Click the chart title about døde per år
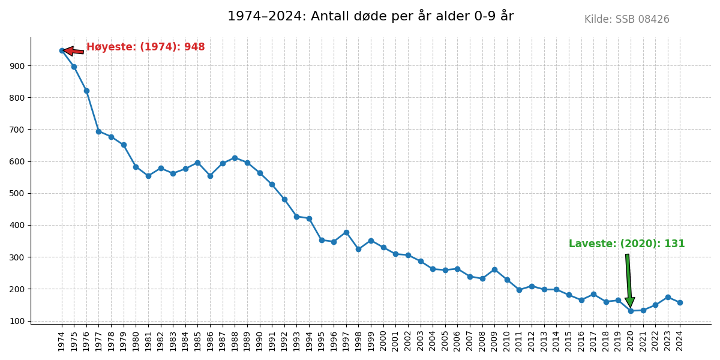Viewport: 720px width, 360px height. click(370, 16)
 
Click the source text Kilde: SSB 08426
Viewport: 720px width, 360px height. click(626, 20)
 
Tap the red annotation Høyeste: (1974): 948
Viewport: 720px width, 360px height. click(145, 47)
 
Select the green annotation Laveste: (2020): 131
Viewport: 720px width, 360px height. click(626, 244)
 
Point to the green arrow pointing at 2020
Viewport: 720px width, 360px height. click(628, 279)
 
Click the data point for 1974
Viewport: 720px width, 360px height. click(62, 50)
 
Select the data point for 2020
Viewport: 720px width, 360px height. click(631, 311)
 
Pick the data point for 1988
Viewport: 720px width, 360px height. click(235, 158)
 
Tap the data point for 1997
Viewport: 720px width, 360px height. click(346, 232)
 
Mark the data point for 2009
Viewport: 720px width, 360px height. click(494, 269)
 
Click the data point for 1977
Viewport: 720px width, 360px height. click(98, 131)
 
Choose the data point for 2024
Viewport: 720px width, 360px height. click(680, 302)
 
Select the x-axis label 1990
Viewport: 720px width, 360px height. click(260, 341)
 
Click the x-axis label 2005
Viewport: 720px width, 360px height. click(445, 341)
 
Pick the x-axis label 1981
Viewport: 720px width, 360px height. click(148, 341)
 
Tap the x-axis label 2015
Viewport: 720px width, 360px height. click(569, 341)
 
